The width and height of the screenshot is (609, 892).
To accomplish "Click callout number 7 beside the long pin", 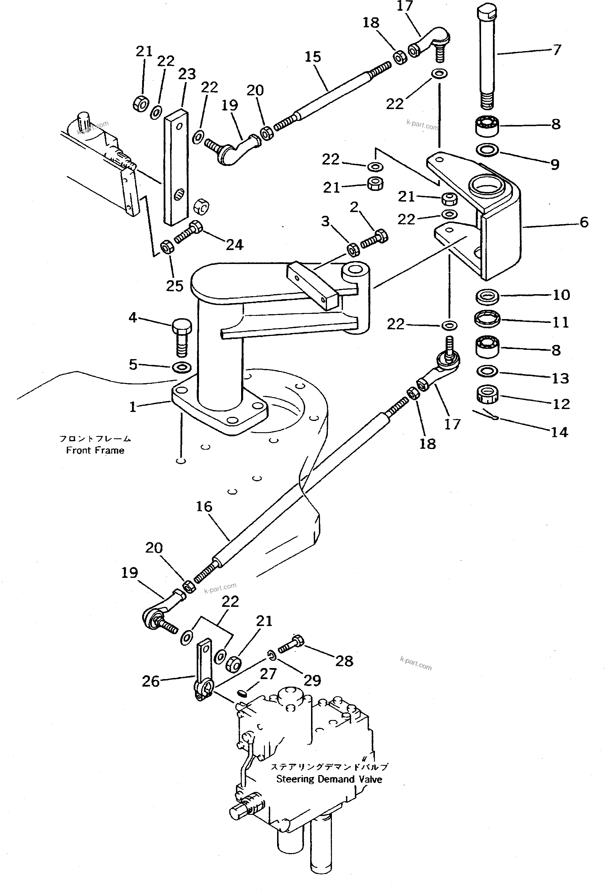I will click(x=557, y=50).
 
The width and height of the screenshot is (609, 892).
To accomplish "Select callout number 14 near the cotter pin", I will click(x=559, y=432).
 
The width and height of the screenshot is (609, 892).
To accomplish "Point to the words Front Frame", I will click(x=95, y=450).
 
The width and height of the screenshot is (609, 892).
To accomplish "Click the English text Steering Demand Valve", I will click(x=329, y=779).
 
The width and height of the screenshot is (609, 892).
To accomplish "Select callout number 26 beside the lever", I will click(x=151, y=681).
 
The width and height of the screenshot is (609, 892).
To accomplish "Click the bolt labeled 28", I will click(x=292, y=645).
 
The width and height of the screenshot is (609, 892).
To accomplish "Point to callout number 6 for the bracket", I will click(x=584, y=222).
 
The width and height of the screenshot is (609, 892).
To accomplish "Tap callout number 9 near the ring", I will click(x=554, y=164).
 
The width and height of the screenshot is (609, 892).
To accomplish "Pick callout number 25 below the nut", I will click(x=174, y=285).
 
